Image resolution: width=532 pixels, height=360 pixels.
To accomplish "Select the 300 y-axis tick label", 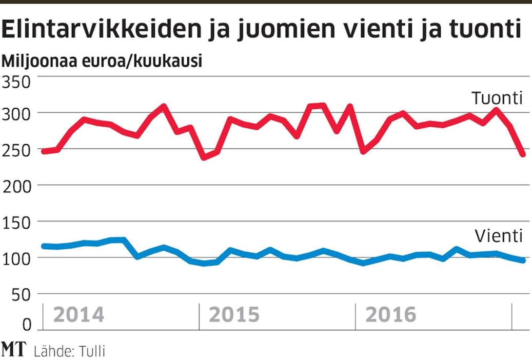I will pyautogui.click(x=17, y=113).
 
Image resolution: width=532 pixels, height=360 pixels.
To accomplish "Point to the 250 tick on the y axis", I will pyautogui.click(x=17, y=149).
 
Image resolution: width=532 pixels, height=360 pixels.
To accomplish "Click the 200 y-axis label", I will pyautogui.click(x=17, y=186).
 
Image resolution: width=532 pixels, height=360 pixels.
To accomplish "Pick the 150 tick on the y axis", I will pyautogui.click(x=17, y=222).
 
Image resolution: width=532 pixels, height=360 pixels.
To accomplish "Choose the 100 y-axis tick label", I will pyautogui.click(x=17, y=258).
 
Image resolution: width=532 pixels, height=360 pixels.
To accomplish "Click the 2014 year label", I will pyautogui.click(x=78, y=315).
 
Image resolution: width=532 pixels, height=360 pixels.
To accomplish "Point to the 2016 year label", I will pyautogui.click(x=390, y=315).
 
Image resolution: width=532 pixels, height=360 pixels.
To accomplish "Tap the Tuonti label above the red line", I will pyautogui.click(x=497, y=98).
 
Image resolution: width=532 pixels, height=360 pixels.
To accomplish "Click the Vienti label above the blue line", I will pyautogui.click(x=498, y=236).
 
